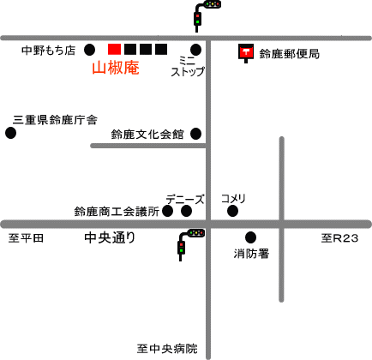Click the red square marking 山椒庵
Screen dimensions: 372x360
click(114, 49)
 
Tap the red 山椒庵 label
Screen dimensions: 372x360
click(116, 69)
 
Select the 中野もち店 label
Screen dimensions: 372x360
click(49, 51)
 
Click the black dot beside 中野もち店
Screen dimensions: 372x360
click(89, 50)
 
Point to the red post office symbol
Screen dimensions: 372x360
click(246, 53)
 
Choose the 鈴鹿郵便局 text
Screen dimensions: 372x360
click(289, 54)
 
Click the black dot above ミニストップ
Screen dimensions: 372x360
click(195, 50)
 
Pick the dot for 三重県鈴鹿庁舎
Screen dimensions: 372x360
click(10, 133)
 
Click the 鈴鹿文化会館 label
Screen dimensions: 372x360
click(147, 135)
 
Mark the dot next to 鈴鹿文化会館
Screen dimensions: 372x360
click(195, 134)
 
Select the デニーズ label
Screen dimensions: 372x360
click(185, 199)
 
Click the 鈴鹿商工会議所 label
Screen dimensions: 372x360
click(117, 212)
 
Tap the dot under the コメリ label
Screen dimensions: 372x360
click(232, 212)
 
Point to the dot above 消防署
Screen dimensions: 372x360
click(250, 237)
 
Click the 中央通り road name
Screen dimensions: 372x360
click(110, 237)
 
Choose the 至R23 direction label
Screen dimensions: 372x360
click(339, 238)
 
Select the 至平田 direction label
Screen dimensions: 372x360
click(26, 237)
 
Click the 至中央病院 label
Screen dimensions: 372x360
click(167, 349)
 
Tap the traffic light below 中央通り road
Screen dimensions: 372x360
click(190, 243)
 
